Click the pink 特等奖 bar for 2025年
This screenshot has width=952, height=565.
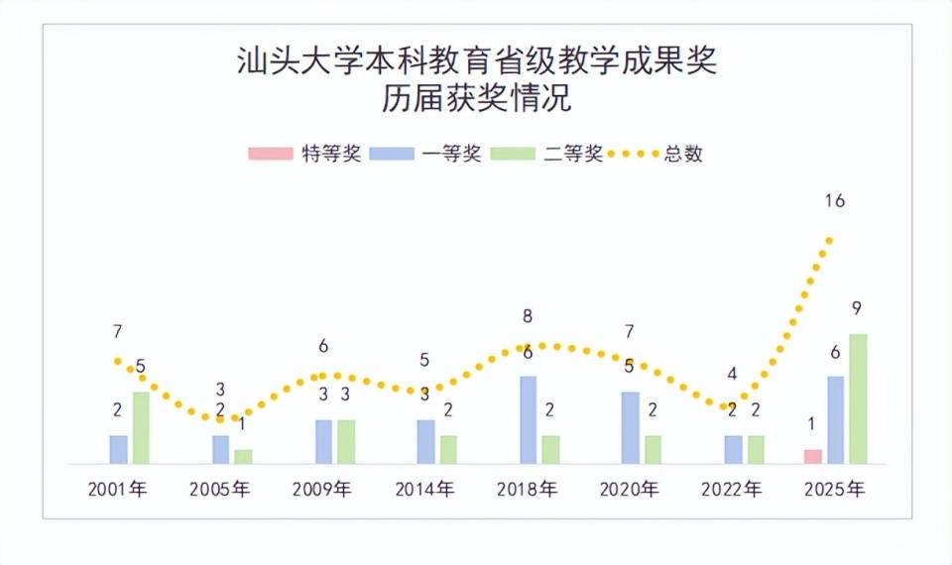click(x=813, y=457)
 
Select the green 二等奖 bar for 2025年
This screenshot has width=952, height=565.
click(x=858, y=399)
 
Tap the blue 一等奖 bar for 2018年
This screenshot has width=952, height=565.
click(x=529, y=420)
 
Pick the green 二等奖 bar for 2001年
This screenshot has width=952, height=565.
click(x=141, y=428)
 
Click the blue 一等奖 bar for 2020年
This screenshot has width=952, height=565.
click(x=631, y=428)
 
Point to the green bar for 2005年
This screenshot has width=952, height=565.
click(x=243, y=457)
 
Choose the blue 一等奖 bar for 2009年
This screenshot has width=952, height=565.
click(x=324, y=442)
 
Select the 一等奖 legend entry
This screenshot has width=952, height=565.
click(x=425, y=154)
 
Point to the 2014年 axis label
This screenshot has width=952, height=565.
click(x=424, y=490)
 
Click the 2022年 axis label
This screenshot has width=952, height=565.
click(x=732, y=490)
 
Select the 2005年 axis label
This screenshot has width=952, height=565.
click(x=219, y=490)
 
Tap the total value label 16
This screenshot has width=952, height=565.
click(x=834, y=201)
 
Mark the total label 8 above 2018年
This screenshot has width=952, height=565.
click(x=528, y=318)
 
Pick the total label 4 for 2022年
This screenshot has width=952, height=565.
click(x=732, y=374)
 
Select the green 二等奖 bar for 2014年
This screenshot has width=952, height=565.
click(x=448, y=450)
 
